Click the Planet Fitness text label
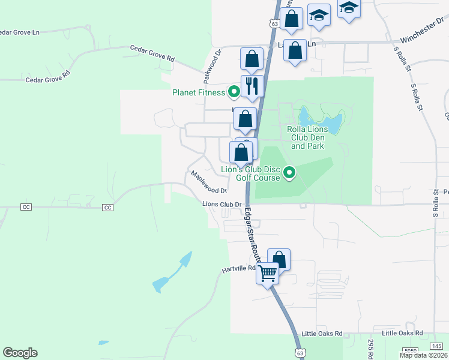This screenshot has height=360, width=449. pyautogui.click(x=198, y=92)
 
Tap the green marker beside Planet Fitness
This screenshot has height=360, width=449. pyautogui.click(x=234, y=92)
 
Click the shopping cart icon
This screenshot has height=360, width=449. pyautogui.click(x=268, y=273)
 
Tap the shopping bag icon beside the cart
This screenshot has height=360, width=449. pyautogui.click(x=279, y=259)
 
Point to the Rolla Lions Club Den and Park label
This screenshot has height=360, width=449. pyautogui.click(x=307, y=137)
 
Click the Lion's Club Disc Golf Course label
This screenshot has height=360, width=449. pyautogui.click(x=251, y=173)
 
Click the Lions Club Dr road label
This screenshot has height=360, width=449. pyautogui.click(x=221, y=204)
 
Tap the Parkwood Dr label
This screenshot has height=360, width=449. pyautogui.click(x=212, y=65)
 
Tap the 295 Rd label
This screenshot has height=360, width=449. pyautogui.click(x=372, y=347)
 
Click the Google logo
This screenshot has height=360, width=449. pyautogui.click(x=20, y=353)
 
